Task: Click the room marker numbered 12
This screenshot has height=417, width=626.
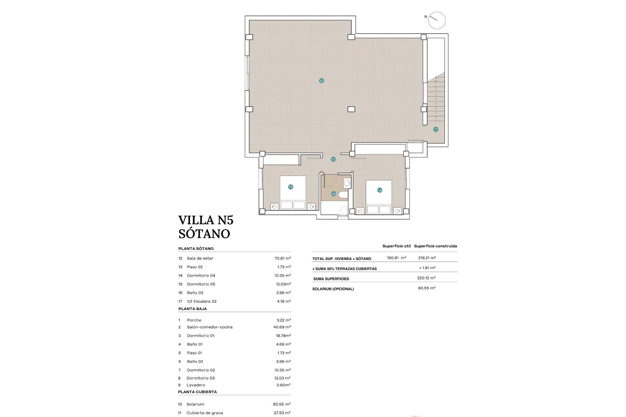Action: [x=321, y=81]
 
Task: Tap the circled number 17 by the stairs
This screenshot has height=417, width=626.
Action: [x=436, y=130]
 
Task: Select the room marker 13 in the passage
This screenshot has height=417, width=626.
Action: [x=333, y=160]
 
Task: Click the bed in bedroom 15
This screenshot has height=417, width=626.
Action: [x=293, y=193]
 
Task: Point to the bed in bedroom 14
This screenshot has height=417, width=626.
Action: [x=379, y=197]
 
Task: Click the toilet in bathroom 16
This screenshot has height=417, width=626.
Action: [x=343, y=195]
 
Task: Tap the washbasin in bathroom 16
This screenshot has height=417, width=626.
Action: [x=347, y=183]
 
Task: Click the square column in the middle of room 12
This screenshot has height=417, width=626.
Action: [x=351, y=109]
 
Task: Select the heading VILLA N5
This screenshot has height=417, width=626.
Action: [x=206, y=220]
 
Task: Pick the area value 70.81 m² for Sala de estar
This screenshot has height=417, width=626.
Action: [x=282, y=258]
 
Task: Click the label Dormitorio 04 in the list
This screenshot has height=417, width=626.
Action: [x=201, y=276]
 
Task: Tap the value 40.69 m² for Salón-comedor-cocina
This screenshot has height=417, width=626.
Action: [x=282, y=327]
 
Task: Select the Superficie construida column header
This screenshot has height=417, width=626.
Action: [x=435, y=246]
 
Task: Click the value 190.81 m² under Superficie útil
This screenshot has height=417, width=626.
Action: [x=396, y=258]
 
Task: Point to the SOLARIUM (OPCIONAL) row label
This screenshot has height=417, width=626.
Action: [x=333, y=289]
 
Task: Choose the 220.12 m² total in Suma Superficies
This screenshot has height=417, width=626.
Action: [x=426, y=278]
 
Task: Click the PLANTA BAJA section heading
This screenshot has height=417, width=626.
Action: [x=192, y=309]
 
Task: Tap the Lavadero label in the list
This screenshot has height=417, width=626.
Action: [x=196, y=385]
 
